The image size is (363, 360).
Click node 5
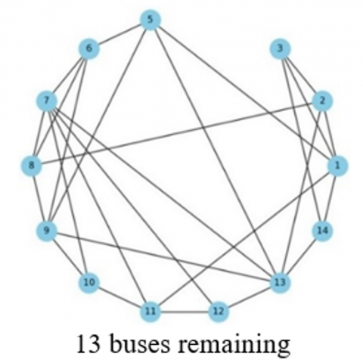pyautogui.click(x=150, y=20)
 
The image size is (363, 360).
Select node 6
pyautogui.click(x=88, y=48)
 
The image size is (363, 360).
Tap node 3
pyautogui.click(x=280, y=48)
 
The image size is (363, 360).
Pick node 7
pyautogui.click(x=47, y=101)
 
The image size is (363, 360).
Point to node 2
pyautogui.click(x=322, y=101)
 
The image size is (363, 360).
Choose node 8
pyautogui.click(x=32, y=166)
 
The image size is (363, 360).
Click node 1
pyautogui.click(x=337, y=166)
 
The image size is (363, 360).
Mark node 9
pyautogui.click(x=47, y=231)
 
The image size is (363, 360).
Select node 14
pyautogui.click(x=322, y=231)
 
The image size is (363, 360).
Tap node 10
pyautogui.click(x=88, y=283)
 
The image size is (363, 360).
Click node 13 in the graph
pyautogui.click(x=280, y=283)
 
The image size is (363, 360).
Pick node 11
pyautogui.click(x=150, y=312)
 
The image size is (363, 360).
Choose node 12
pyautogui.click(x=219, y=312)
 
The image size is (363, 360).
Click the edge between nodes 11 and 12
pyautogui.click(x=185, y=312)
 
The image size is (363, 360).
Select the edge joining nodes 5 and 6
pyautogui.click(x=119, y=34)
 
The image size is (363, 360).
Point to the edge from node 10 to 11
pyautogui.click(x=119, y=297)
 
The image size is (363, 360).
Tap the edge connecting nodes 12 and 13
pyautogui.click(x=249, y=297)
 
